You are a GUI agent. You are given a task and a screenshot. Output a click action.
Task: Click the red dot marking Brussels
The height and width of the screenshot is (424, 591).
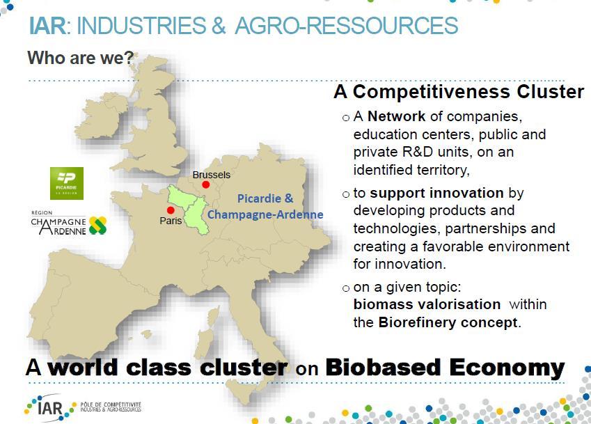tap(205, 184)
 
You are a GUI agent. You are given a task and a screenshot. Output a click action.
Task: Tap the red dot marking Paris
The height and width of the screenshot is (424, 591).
tap(171, 210)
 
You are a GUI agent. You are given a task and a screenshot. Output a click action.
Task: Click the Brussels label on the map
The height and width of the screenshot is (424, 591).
tap(211, 175)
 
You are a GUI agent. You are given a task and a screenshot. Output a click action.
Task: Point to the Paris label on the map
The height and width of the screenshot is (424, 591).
tap(171, 221)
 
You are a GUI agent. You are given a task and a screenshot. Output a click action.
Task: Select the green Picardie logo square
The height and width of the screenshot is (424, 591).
tap(67, 184)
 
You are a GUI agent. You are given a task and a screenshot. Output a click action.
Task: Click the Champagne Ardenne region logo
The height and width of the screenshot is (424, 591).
tap(69, 223)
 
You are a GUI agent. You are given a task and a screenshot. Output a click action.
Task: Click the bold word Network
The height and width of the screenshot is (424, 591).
tap(396, 116)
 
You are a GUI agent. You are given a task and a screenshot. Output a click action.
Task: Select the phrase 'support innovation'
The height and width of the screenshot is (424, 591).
tap(436, 193)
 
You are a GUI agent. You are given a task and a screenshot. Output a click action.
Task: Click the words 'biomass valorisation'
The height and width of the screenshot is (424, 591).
tap(427, 304)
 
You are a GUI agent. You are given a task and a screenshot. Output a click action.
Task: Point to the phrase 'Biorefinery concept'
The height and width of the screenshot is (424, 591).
tap(448, 322)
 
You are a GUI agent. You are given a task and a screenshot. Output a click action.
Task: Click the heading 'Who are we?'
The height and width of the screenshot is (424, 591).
tap(81, 58)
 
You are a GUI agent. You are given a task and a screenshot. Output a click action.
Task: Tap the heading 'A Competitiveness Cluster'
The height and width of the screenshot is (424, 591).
tap(459, 92)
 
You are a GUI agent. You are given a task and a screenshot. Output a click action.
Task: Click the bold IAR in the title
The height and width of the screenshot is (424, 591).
tap(47, 25)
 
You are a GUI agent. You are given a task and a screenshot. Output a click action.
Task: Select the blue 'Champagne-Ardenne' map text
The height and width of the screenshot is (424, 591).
tap(265, 215)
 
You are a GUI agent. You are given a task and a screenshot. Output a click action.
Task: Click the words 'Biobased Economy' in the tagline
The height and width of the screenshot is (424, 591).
tap(445, 368)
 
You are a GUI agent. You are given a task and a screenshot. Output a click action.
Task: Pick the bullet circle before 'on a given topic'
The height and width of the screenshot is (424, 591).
tap(346, 289)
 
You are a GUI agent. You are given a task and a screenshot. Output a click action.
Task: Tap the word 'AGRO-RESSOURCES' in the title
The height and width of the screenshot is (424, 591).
tap(347, 26)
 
